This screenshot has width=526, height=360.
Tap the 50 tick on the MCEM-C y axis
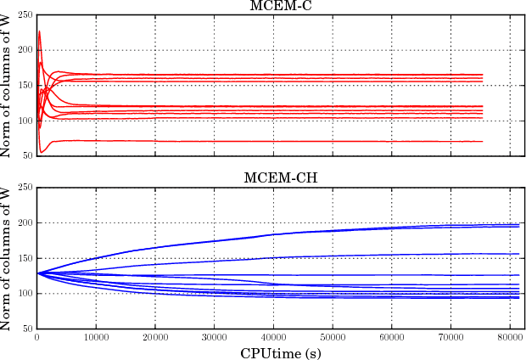click(27, 155)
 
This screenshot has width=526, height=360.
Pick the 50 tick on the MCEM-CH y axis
click(27, 329)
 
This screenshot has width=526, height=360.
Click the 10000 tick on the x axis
click(95, 337)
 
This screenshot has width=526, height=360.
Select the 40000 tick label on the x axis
click(273, 337)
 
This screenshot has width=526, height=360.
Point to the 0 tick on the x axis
click(36, 337)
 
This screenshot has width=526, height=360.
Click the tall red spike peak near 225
click(39, 31)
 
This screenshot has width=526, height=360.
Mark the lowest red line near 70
click(255, 141)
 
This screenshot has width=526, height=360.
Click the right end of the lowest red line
click(482, 142)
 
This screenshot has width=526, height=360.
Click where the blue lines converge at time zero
click(36, 273)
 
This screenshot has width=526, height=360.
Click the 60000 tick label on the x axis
click(391, 337)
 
